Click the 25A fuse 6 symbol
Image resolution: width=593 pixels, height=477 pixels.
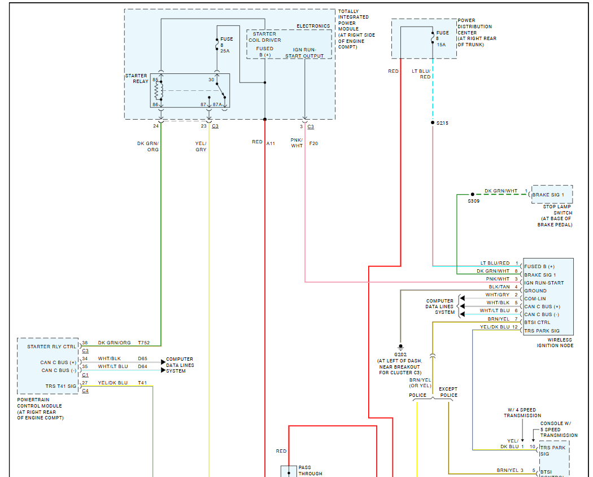click(217, 45)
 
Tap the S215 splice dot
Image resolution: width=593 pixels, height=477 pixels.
click(433, 122)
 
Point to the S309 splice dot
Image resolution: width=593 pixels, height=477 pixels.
click(473, 195)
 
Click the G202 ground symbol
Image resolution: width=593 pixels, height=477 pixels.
click(400, 346)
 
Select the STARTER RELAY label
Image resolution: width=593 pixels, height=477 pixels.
click(136, 78)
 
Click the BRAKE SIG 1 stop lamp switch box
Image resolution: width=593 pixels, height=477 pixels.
click(551, 195)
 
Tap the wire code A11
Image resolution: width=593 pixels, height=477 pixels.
click(271, 143)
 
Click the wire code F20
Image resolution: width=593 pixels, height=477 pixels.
click(313, 143)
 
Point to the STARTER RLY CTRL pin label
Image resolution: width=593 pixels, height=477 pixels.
click(51, 347)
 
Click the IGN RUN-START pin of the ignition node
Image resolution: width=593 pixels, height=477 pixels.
click(544, 283)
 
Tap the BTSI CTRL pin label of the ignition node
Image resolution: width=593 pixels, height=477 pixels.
click(538, 322)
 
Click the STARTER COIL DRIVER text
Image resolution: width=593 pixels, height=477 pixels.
click(264, 37)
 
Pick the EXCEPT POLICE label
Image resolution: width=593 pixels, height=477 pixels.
click(448, 392)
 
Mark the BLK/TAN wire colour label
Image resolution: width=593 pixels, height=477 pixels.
click(499, 287)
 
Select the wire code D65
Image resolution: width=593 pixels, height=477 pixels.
click(142, 358)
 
